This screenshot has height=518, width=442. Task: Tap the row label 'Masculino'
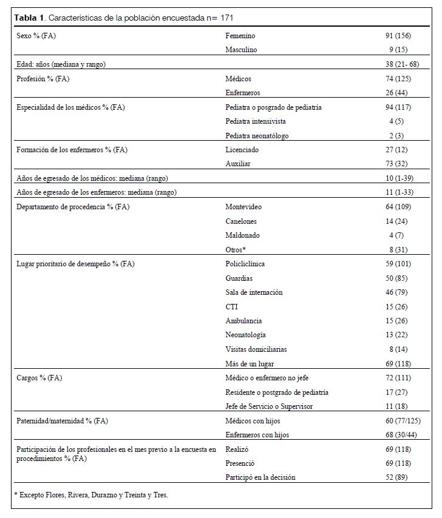[x=242, y=50]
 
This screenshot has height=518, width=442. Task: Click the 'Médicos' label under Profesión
[x=238, y=79]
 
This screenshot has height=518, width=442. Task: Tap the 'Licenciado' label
[x=242, y=150]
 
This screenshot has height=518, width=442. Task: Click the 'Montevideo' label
[x=243, y=207]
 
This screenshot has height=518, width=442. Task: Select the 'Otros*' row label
[x=236, y=249]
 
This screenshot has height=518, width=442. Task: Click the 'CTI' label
[x=232, y=306]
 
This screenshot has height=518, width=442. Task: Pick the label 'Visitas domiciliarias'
[x=256, y=349]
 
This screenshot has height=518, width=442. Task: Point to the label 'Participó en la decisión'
[x=260, y=477]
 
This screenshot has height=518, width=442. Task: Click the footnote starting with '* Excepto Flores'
[x=90, y=495]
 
